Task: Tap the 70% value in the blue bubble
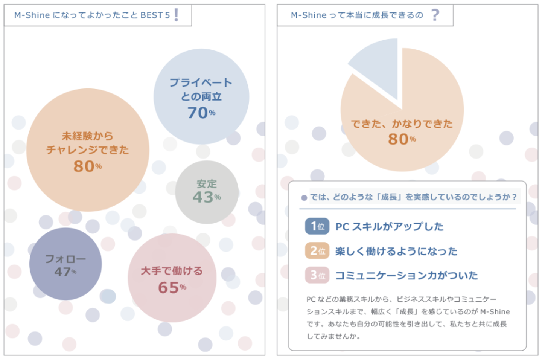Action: (x=201, y=113)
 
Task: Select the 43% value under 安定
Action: (x=207, y=197)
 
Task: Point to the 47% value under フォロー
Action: (x=65, y=272)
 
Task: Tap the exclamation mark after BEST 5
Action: (x=176, y=15)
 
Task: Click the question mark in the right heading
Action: (x=435, y=15)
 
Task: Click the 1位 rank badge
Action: (x=317, y=226)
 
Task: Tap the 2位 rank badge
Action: (x=317, y=251)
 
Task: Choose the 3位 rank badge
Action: (x=317, y=275)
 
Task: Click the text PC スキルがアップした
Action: (x=390, y=227)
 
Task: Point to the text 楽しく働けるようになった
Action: (x=396, y=251)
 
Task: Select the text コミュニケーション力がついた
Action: (x=406, y=276)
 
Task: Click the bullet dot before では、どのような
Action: (x=304, y=198)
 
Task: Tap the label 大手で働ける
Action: (x=172, y=271)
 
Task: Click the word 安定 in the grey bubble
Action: (x=207, y=184)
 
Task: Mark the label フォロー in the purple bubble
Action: (x=65, y=259)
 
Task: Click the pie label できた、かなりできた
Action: (x=402, y=124)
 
